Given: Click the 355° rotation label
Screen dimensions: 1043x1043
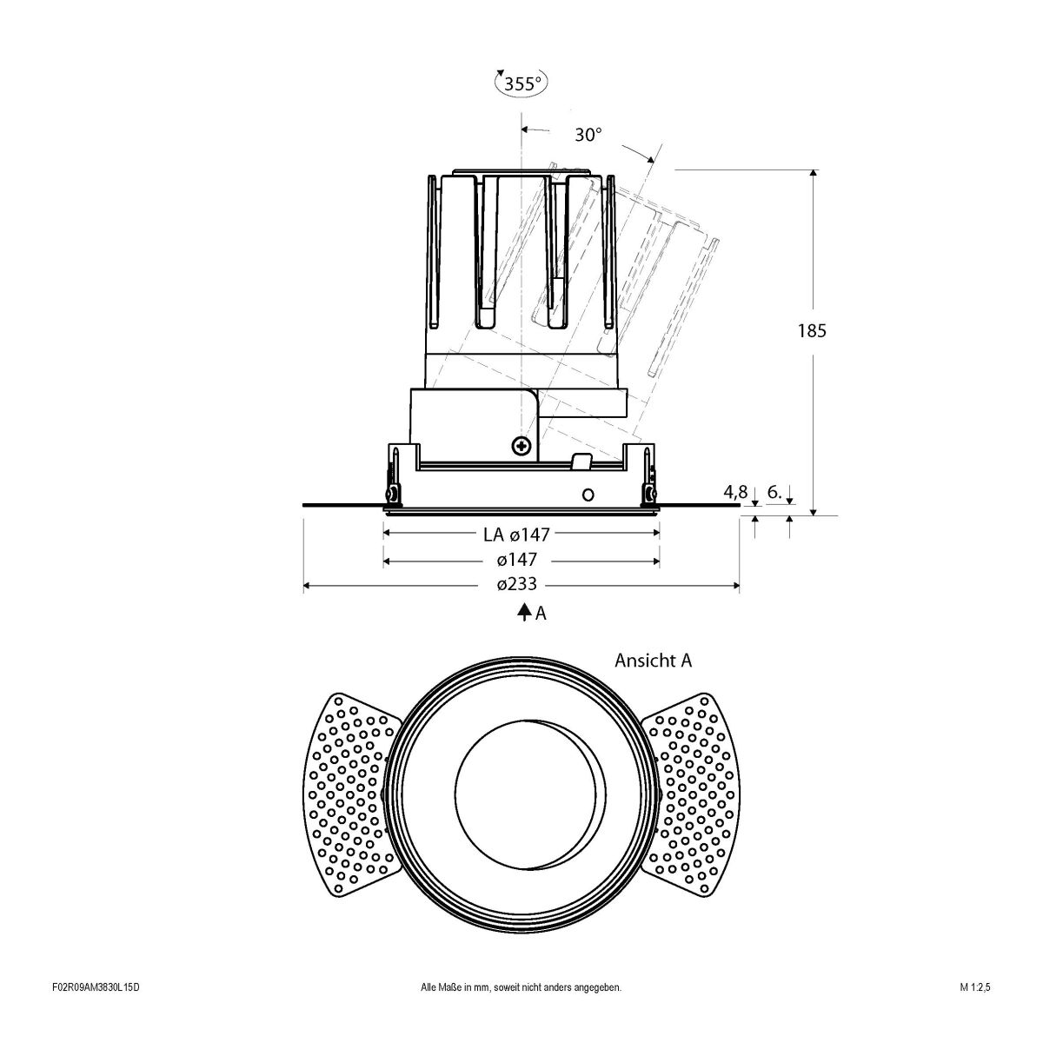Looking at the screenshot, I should pos(521,83).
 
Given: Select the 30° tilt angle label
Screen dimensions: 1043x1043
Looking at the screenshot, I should pos(588,135).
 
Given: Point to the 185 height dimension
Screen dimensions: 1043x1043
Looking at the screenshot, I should pos(811,331).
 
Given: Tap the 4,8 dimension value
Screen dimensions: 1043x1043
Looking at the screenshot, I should pos(734,492).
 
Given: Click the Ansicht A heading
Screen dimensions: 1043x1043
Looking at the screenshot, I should pos(653,661).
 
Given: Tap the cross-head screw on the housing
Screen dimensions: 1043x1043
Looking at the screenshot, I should pos(521,446).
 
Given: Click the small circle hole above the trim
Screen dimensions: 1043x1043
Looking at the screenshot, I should pos(588,495).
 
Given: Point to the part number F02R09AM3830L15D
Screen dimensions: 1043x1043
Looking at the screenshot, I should pos(96,1012).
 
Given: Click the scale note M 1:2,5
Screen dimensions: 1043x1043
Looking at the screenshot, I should pos(975,1012).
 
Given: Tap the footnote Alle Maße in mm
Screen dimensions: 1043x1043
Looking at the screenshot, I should pos(520,1012).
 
